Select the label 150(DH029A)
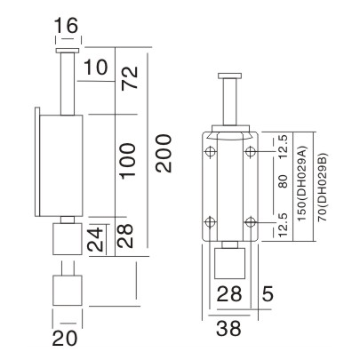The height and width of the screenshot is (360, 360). tap(303, 188)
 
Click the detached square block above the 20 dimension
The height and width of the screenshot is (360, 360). tap(67, 289)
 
